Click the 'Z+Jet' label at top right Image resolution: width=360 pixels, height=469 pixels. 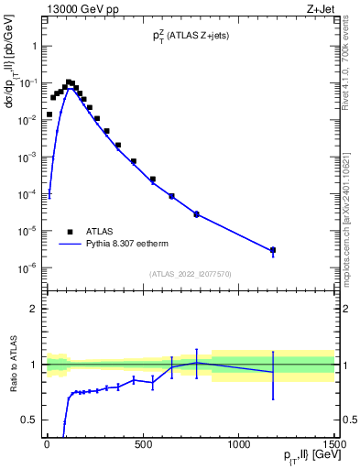(x=320, y=10)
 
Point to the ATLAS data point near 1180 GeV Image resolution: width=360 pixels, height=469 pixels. (x=272, y=250)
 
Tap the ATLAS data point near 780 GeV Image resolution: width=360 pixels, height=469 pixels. (x=196, y=214)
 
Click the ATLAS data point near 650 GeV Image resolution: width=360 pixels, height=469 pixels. (x=171, y=196)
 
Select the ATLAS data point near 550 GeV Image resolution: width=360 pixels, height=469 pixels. (x=152, y=180)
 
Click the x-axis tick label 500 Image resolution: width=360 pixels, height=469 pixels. (x=142, y=445)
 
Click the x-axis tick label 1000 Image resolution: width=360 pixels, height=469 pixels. (x=238, y=445)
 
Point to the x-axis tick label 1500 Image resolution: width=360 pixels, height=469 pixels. (x=334, y=445)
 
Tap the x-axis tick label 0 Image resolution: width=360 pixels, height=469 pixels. (x=47, y=445)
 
